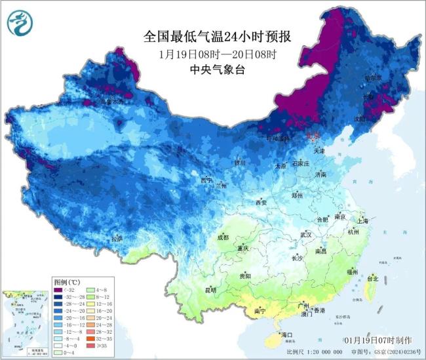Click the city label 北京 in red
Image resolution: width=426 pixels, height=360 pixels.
[x=315, y=135]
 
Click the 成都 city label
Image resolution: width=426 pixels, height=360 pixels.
[x=223, y=237]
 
